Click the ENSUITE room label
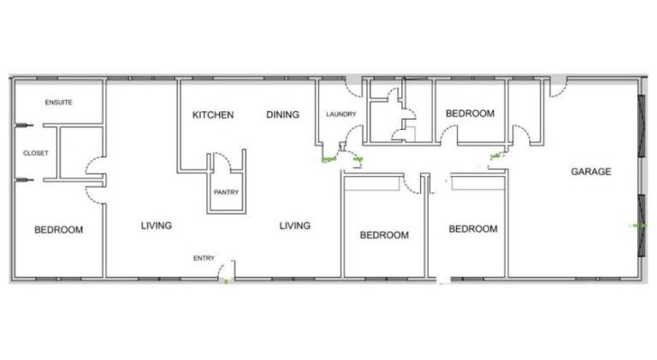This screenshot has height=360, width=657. click(59, 102)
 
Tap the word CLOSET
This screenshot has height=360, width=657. click(36, 153)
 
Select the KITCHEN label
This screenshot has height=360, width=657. click(213, 115)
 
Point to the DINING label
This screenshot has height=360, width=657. click(283, 115)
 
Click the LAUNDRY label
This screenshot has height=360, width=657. click(341, 114)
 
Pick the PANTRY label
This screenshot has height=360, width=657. click(226, 192)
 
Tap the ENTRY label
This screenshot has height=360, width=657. click(204, 258)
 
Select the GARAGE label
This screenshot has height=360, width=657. click(591, 171)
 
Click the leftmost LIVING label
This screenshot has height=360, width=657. click(157, 226)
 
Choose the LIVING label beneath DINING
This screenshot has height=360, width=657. click(295, 226)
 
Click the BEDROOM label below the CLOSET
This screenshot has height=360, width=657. click(59, 229)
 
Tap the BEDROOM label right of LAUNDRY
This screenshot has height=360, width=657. click(471, 114)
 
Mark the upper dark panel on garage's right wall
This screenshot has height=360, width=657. click(641, 126)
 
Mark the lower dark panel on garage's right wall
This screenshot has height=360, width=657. click(641, 225)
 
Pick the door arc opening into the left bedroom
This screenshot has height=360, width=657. click(93, 196)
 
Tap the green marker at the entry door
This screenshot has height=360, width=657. click(226, 281)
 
